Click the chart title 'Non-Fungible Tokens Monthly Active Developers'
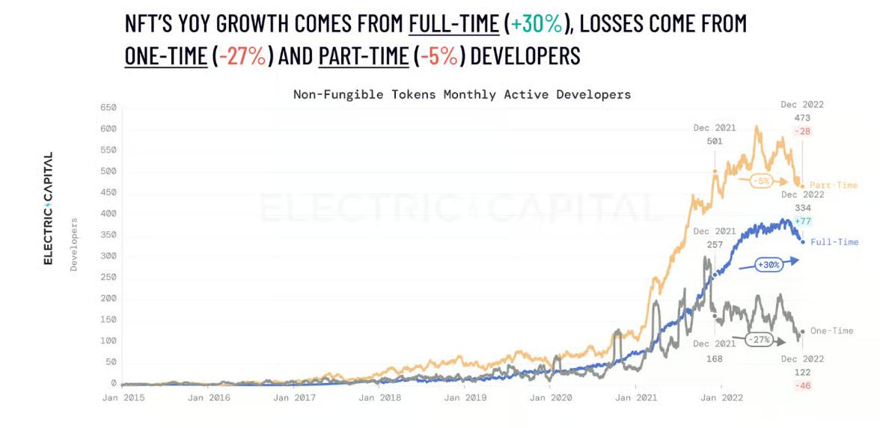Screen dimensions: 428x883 tap(462, 95)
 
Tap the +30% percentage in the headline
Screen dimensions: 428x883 tap(536, 24)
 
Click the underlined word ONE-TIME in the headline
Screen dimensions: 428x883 tap(166, 56)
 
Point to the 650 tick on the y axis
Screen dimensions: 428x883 tap(109, 108)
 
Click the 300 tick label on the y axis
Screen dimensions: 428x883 tap(109, 256)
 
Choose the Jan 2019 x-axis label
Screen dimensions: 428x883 tap(465, 398)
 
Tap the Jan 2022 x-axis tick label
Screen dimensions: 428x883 tap(721, 398)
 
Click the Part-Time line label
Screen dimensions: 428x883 tap(834, 185)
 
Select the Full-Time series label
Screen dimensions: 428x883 tap(834, 242)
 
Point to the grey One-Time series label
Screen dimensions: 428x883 tap(831, 331)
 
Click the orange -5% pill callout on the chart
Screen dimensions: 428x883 tap(762, 181)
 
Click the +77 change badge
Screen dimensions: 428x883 tap(803, 221)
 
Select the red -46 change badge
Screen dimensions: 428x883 tap(803, 385)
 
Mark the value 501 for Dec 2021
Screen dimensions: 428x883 tap(715, 141)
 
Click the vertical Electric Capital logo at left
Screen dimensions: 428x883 tap(48, 208)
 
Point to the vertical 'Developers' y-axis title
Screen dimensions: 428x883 tap(74, 245)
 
